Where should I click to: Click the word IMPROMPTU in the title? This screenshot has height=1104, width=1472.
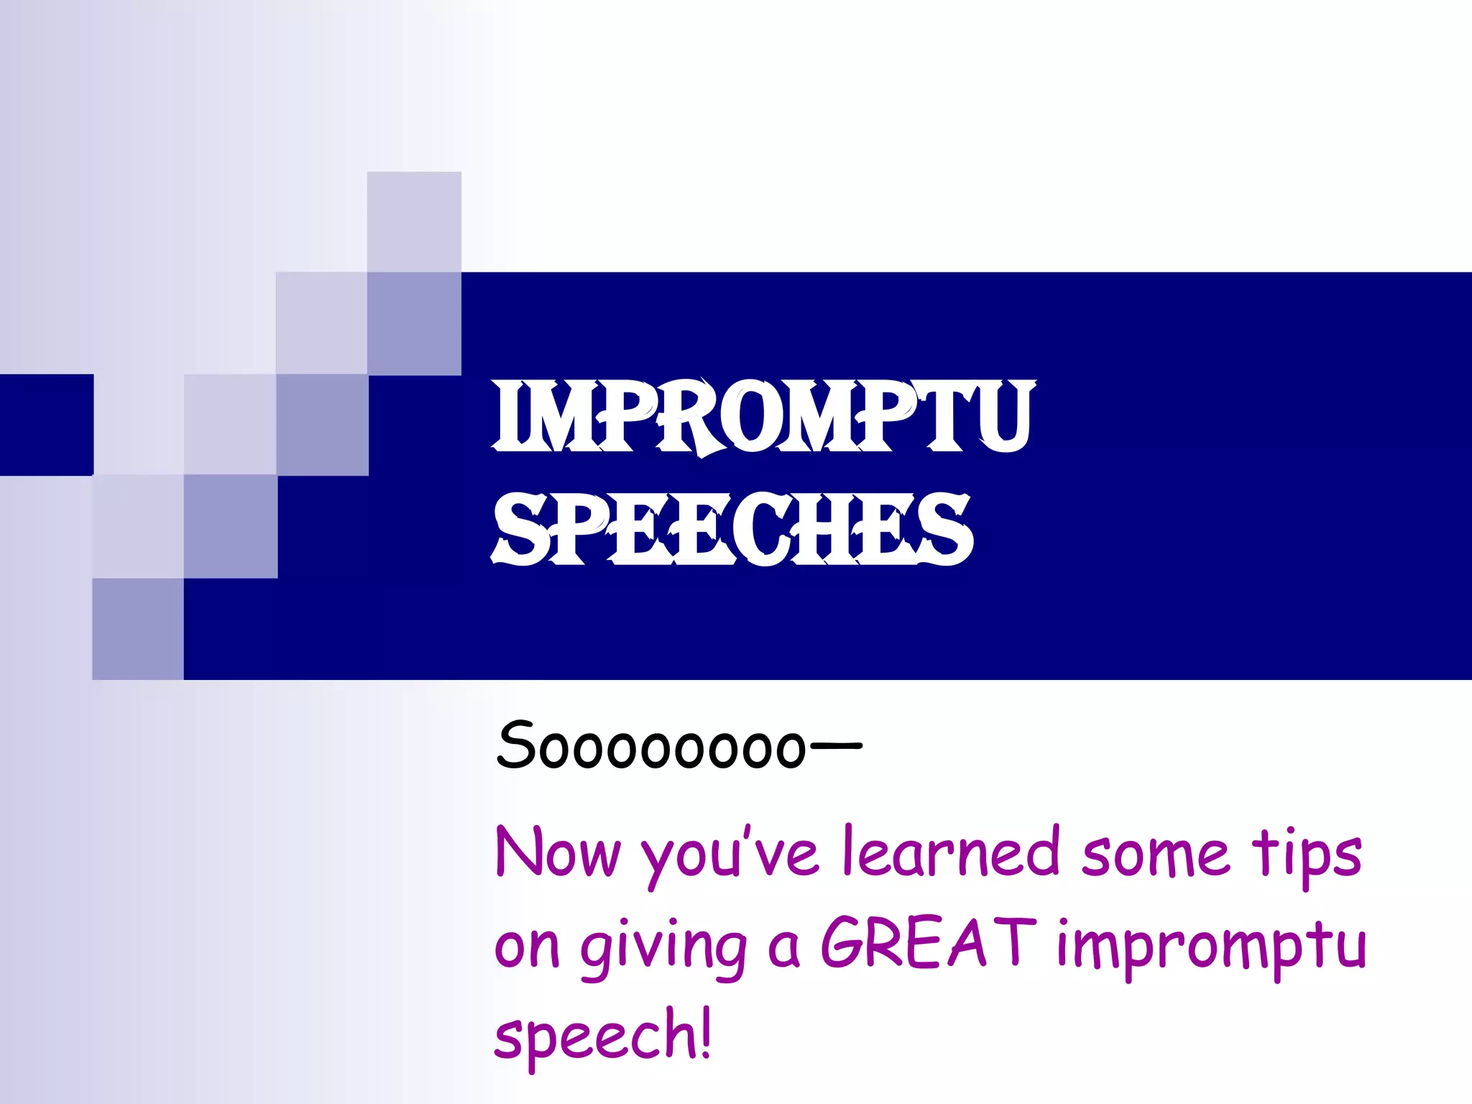[x=763, y=417]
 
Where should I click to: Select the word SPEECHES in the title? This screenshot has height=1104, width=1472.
[x=733, y=530]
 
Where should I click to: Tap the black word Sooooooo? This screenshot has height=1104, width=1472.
[x=650, y=746]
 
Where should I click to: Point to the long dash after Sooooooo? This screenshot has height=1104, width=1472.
[x=835, y=745]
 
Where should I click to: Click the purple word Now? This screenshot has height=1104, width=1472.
[x=558, y=853]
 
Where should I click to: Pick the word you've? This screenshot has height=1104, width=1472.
[x=730, y=855]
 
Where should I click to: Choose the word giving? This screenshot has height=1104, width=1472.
[x=663, y=949]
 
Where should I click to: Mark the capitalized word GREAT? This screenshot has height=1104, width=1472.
[x=928, y=943]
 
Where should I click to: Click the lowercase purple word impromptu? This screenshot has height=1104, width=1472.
[x=1211, y=947]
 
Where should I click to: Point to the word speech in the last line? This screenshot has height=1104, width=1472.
[x=594, y=1036]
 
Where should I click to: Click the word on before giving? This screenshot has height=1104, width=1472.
[x=527, y=947]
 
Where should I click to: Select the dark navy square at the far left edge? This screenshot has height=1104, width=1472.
[x=46, y=424]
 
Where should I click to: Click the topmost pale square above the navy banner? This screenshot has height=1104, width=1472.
[x=414, y=221]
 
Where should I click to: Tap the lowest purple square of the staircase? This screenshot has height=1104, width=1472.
[x=138, y=629]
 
